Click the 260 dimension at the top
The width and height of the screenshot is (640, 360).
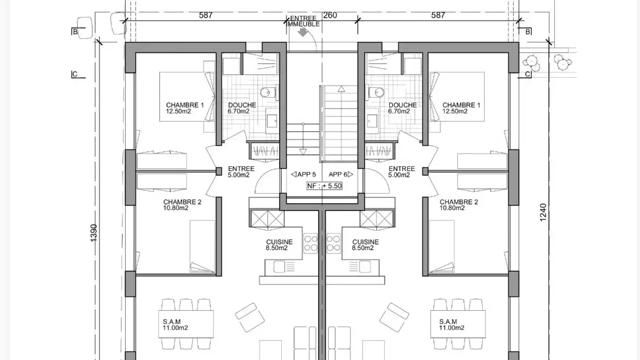click(x=330, y=15)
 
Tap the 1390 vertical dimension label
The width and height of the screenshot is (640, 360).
click(x=94, y=233)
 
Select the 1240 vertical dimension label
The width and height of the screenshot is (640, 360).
click(x=543, y=212)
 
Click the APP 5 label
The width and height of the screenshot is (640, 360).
click(x=304, y=174)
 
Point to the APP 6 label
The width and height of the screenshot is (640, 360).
click(x=340, y=174)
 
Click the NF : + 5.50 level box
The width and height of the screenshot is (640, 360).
click(x=324, y=186)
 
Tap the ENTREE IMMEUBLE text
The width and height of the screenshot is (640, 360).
click(x=304, y=21)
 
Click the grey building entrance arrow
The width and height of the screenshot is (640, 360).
click(x=303, y=32)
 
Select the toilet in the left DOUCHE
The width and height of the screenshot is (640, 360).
click(x=268, y=92)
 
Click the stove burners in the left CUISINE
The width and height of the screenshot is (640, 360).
click(x=311, y=244)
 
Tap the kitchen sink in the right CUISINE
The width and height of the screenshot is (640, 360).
click(x=365, y=267)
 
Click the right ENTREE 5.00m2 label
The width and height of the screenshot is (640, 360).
click(x=401, y=172)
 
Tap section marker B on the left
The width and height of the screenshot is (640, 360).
click(x=75, y=32)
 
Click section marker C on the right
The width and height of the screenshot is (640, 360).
click(x=528, y=74)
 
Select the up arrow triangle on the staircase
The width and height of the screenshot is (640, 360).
click(x=341, y=89)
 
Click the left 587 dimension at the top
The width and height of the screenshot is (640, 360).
click(x=206, y=15)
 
